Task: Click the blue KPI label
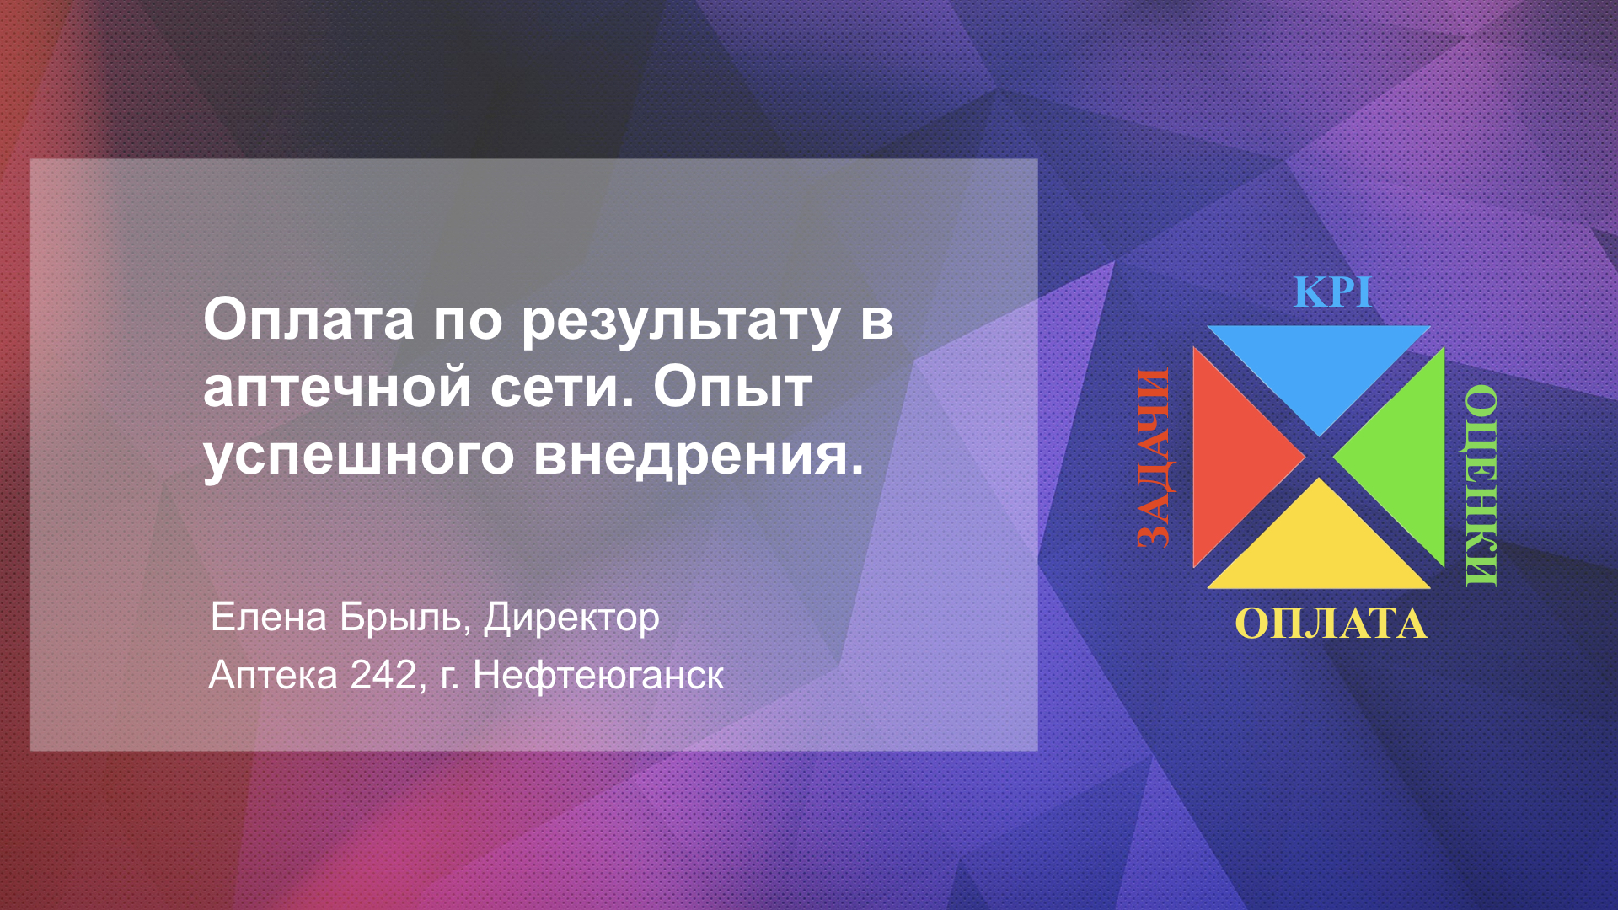coord(1332,292)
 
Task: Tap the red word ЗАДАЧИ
coord(1154,458)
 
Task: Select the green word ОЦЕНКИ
coord(1481,485)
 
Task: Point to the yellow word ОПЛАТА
coord(1331,624)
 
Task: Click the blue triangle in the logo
coord(1319,362)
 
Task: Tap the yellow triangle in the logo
coord(1319,551)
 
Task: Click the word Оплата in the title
coord(308,321)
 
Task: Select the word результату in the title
coord(681,321)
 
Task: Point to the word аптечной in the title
coord(337,388)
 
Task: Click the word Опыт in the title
coord(733,387)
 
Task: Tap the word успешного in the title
coord(359,456)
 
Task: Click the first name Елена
coord(268,617)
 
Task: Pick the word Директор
coord(571,618)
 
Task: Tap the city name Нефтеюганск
coord(598,676)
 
